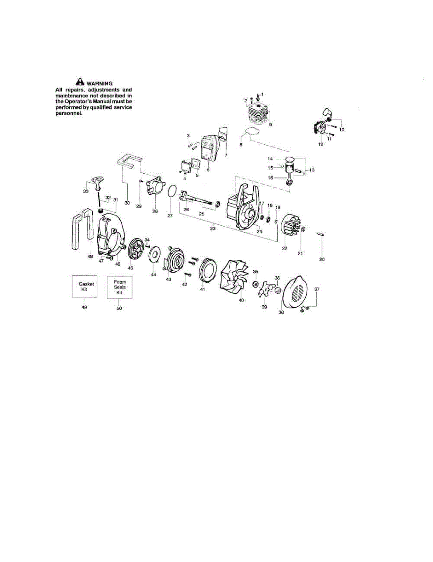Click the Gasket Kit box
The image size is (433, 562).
(84, 287)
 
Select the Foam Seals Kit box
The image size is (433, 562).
(119, 287)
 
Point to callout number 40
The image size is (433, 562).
(241, 300)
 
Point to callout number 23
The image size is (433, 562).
(213, 229)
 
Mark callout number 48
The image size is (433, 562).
(90, 257)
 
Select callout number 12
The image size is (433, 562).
(321, 145)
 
